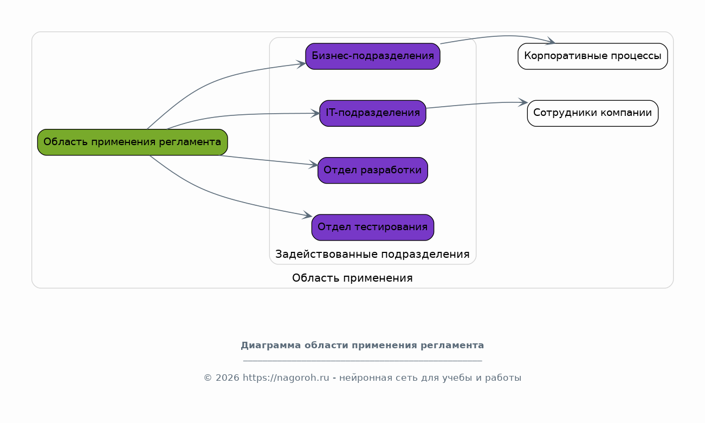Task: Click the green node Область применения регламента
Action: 133,142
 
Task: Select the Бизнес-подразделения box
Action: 373,56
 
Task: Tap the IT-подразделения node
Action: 373,114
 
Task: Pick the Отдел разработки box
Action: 373,171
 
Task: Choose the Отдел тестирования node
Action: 373,227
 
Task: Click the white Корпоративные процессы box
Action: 593,56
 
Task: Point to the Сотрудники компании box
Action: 593,114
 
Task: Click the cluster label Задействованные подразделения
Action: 372,254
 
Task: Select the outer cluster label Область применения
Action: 352,278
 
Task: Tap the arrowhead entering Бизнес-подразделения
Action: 301,64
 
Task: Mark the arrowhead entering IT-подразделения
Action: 315,114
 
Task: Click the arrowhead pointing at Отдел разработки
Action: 313,165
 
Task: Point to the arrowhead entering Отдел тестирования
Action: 307,215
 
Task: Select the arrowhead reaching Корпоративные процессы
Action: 551,41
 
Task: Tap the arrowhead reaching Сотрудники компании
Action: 523,102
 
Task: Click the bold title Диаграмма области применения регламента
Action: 363,346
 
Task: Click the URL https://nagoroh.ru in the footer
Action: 286,378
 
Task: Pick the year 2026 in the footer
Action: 227,378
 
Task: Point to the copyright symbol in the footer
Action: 208,378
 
